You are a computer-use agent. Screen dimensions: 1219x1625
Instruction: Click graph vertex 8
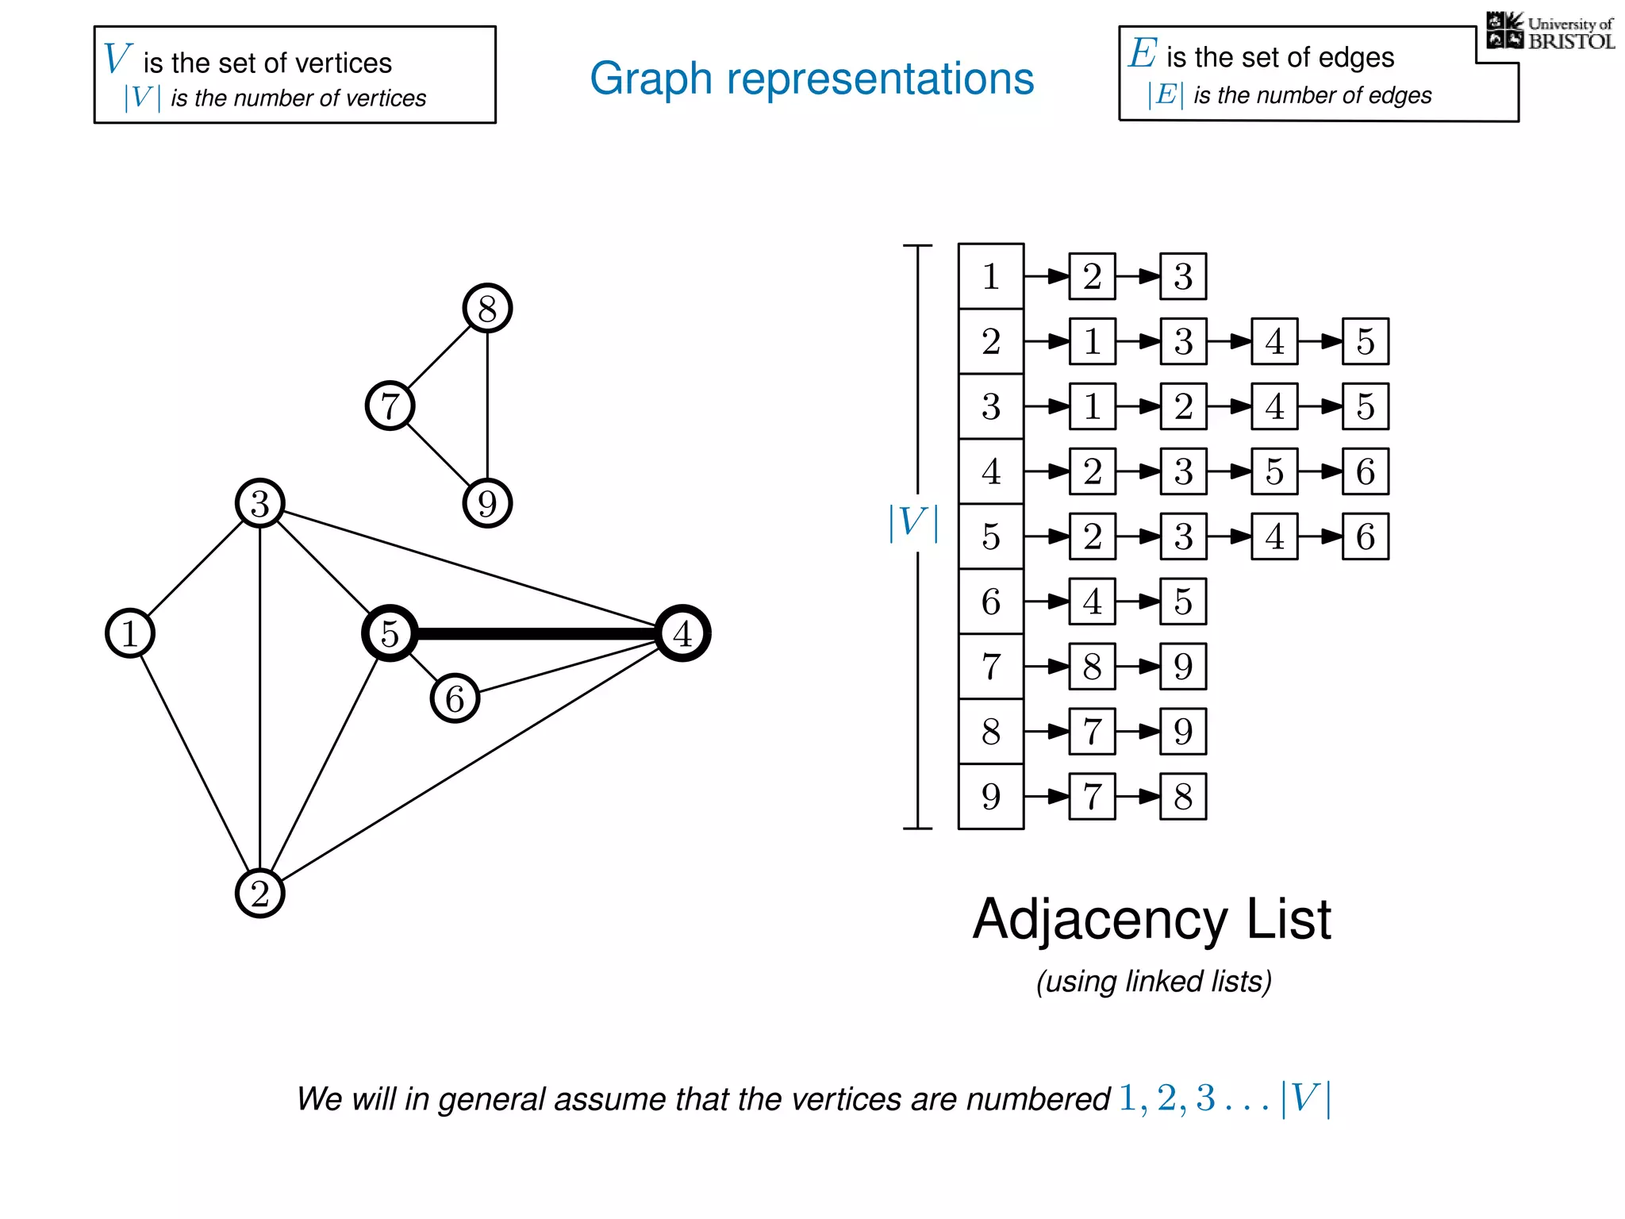click(x=487, y=308)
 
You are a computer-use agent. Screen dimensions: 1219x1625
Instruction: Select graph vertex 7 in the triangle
click(x=390, y=406)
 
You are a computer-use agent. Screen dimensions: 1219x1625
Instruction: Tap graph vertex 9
click(x=487, y=503)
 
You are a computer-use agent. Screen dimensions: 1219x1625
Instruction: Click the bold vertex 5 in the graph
click(x=390, y=633)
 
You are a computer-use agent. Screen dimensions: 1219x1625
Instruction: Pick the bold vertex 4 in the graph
click(x=682, y=633)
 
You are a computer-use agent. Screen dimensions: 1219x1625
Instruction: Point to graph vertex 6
click(x=455, y=698)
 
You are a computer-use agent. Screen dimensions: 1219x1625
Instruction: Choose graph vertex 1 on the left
click(x=129, y=633)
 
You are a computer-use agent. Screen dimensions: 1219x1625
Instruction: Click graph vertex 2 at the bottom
click(x=259, y=894)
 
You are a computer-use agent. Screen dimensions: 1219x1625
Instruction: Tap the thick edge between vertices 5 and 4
click(x=536, y=633)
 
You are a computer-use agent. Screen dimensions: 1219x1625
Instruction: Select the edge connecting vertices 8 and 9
click(x=487, y=406)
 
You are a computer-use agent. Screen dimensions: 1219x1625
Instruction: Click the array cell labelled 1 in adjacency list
click(x=991, y=276)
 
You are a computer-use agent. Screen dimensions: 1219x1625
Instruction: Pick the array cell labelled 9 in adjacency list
click(x=991, y=796)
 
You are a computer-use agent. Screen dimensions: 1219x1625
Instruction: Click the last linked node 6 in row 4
click(x=1366, y=471)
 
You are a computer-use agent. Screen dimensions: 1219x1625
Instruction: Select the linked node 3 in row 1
click(x=1183, y=276)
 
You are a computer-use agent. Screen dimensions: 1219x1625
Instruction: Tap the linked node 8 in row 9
click(x=1183, y=796)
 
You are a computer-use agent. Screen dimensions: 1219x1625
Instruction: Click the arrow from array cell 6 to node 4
click(x=1047, y=602)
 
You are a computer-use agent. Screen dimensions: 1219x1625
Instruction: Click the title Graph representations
click(x=812, y=79)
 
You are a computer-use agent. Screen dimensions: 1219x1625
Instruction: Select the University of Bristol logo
click(x=1550, y=32)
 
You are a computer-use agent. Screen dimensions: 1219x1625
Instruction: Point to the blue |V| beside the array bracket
click(x=913, y=523)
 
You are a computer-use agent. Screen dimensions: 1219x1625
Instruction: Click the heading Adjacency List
click(x=1151, y=920)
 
